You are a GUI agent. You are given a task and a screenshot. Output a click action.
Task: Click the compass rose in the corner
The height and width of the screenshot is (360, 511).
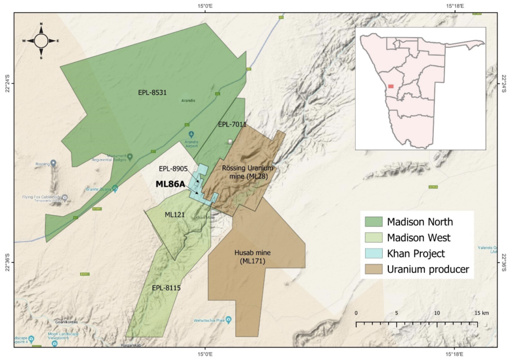click(x=41, y=40)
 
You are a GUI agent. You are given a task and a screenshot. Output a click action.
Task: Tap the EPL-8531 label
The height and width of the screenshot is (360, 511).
click(x=152, y=92)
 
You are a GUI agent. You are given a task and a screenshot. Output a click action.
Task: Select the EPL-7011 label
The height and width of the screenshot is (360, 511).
click(x=232, y=125)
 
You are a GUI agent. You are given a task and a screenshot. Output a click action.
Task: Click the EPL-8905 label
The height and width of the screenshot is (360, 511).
click(x=173, y=169)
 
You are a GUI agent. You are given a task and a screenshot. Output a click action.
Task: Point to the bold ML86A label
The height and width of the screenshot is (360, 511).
click(x=171, y=184)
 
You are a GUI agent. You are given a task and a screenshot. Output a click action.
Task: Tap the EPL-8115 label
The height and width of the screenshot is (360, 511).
click(x=166, y=287)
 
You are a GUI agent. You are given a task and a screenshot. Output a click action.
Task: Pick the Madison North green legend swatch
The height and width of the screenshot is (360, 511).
click(x=374, y=221)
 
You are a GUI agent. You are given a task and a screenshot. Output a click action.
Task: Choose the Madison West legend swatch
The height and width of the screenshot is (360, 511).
click(x=374, y=238)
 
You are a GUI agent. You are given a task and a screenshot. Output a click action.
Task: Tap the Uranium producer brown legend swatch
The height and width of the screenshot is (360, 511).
click(x=374, y=269)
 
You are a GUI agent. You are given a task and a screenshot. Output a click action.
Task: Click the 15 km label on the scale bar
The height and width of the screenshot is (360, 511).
click(x=482, y=313)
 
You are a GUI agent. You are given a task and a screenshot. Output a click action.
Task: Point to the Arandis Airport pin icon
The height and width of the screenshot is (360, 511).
click(x=191, y=133)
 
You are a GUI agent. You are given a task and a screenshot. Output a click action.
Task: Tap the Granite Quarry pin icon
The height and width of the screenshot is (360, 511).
click(x=115, y=188)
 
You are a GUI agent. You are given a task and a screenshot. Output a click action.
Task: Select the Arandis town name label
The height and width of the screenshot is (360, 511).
click(x=188, y=100)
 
